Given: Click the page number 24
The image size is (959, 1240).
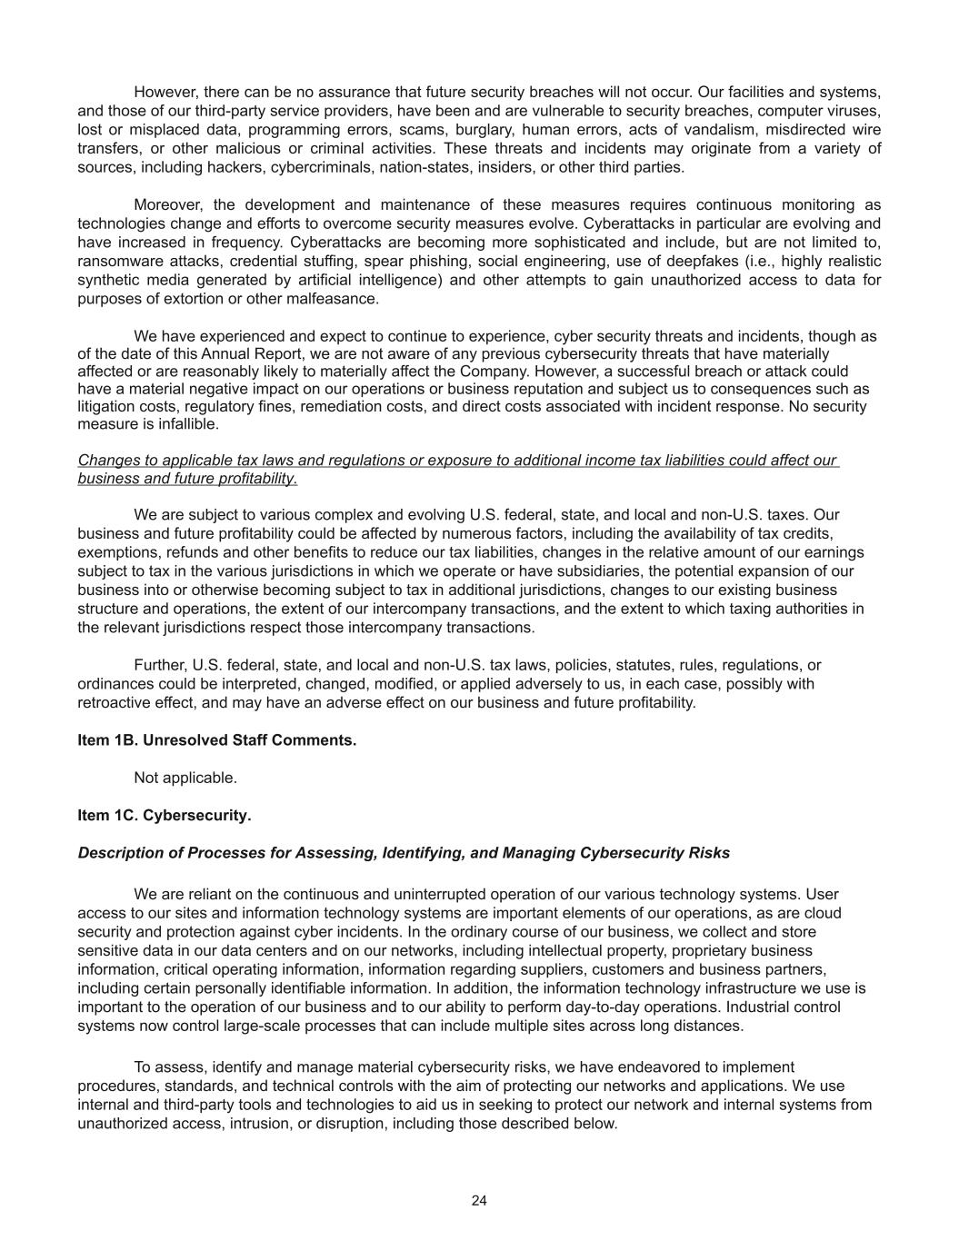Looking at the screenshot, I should pyautogui.click(x=479, y=1200).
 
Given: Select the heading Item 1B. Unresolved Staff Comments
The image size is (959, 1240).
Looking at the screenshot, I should pyautogui.click(x=216, y=739).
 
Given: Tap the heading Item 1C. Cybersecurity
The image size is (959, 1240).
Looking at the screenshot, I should pyautogui.click(x=164, y=815).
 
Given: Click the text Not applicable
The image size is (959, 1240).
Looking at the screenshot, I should pyautogui.click(x=185, y=778).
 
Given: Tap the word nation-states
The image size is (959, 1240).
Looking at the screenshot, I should pyautogui.click(x=419, y=167).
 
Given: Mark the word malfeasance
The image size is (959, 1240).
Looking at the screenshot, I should pyautogui.click(x=333, y=298).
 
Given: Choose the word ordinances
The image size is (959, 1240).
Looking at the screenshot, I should pyautogui.click(x=114, y=683).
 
